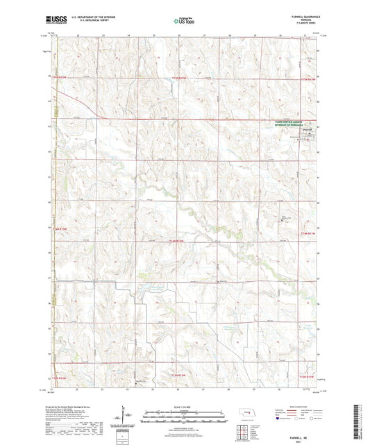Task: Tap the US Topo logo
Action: pos(184,22)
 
